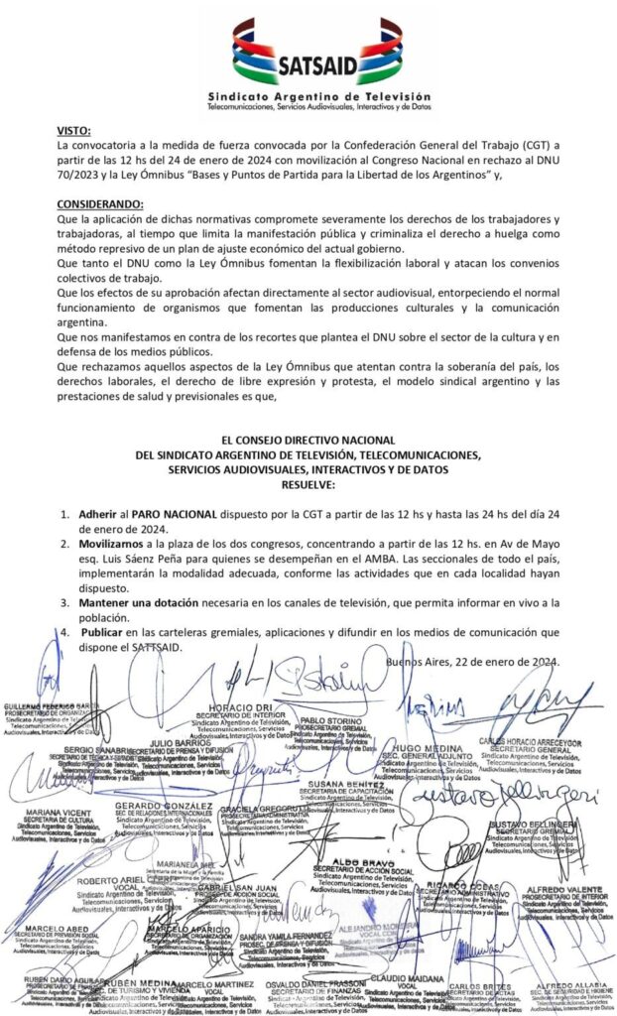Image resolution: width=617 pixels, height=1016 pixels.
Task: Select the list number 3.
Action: (x=64, y=602)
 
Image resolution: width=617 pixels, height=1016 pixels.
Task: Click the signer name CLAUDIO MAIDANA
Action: (x=403, y=978)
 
